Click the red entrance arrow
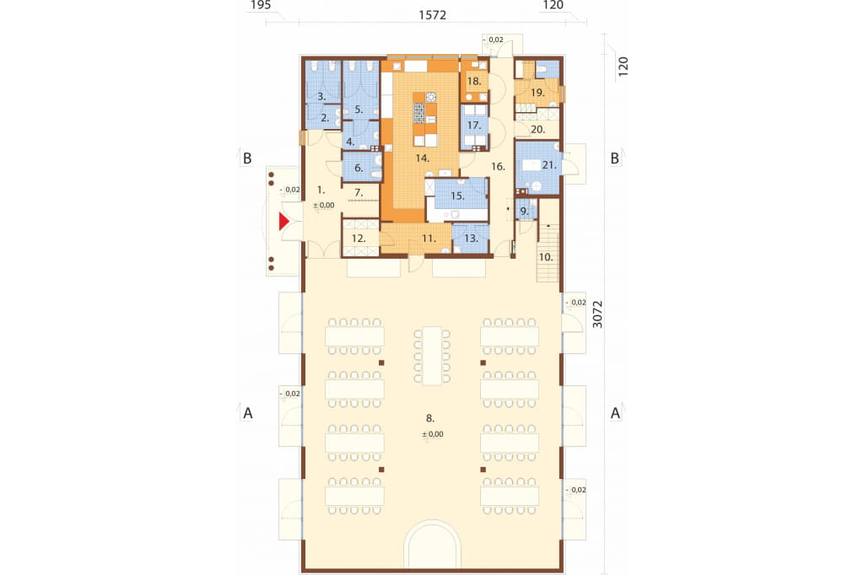pos(283,222)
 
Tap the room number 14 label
pos(422,159)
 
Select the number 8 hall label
pos(429,418)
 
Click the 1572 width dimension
pos(433,15)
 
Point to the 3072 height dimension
pos(597,314)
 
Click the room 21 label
pos(548,165)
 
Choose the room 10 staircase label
pos(546,257)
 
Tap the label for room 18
pos(474,82)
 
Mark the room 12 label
pos(358,239)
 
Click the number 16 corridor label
pos(498,166)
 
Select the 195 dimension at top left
pos(261,5)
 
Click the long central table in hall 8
pos(431,356)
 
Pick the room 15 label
pos(457,196)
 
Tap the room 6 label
pos(359,168)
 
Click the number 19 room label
pos(537,93)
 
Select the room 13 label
pos(471,239)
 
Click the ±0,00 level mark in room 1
pos(324,206)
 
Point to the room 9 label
pos(524,211)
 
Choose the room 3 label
pos(321,96)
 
